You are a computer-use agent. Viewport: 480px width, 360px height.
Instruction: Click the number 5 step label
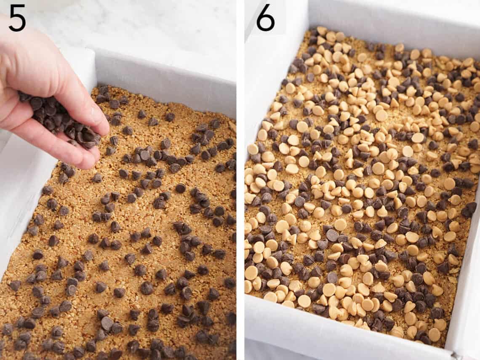click(17, 18)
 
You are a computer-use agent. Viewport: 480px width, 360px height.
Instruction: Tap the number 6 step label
click(265, 18)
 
